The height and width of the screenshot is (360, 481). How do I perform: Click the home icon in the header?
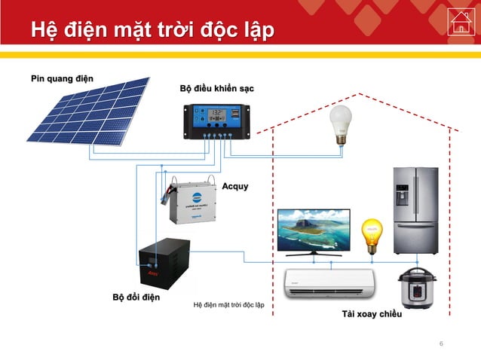459,22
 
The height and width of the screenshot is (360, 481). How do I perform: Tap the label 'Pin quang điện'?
62,78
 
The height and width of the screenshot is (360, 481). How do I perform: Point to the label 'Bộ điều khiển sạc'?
216,89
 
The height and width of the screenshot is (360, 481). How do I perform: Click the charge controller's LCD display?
216,114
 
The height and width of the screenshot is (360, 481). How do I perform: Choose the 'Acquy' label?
234,186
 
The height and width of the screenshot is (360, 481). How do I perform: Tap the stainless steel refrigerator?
415,211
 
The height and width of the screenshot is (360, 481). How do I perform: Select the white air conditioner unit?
329,283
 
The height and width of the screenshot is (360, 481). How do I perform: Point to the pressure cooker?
416,287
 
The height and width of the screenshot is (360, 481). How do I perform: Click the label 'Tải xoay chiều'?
371,314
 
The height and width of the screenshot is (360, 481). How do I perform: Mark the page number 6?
441,344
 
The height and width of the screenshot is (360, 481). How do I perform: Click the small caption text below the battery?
228,305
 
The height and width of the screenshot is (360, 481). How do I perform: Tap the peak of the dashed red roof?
359,94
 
